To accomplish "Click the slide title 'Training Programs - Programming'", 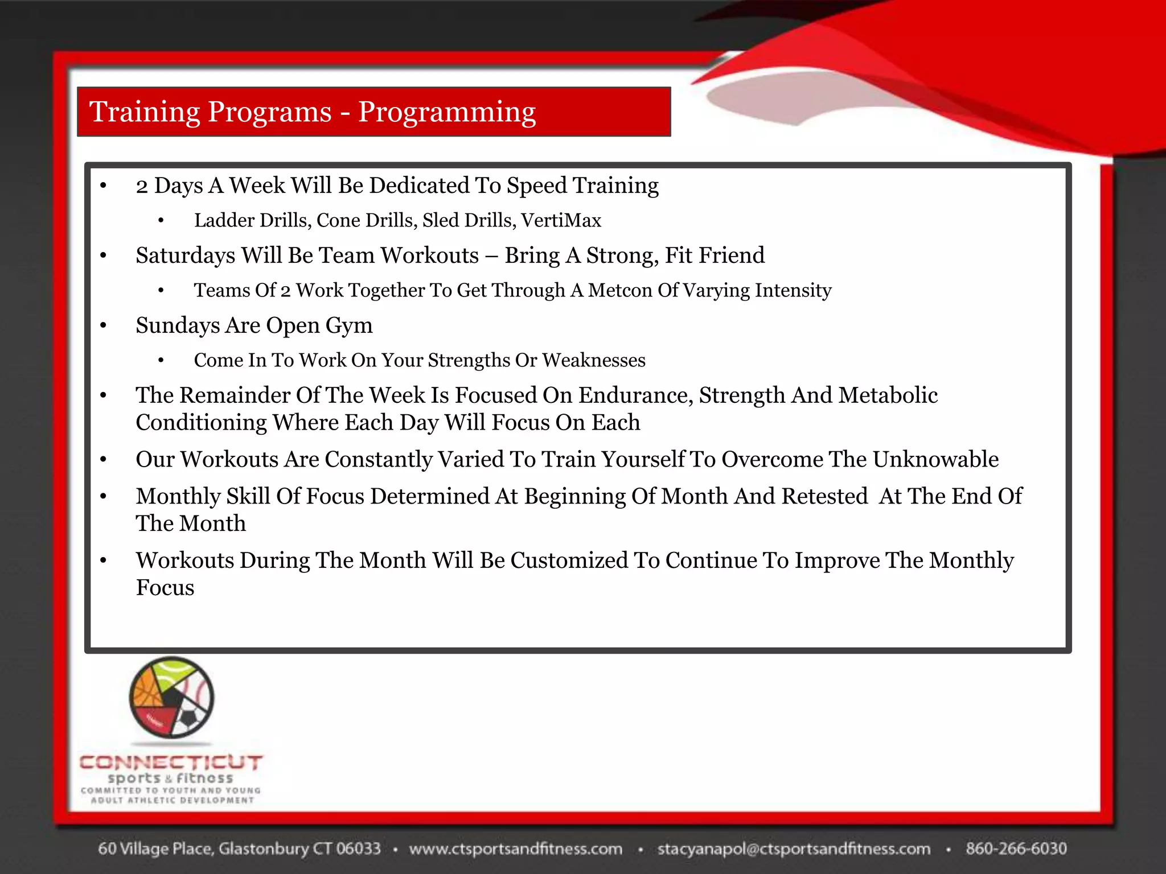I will [x=313, y=112].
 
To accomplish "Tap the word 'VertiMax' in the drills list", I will [x=561, y=220].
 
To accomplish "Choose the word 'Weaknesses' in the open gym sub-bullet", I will [x=593, y=360].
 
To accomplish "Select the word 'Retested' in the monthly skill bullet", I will [x=824, y=496].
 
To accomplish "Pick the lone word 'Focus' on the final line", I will [x=165, y=588].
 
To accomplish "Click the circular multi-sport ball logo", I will [x=171, y=697].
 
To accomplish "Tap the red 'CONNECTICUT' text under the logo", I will [x=171, y=762].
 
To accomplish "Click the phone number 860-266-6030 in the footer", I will [x=1016, y=848].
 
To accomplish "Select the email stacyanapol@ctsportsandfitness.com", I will [x=794, y=848].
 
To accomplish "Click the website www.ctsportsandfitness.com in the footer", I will [x=516, y=848].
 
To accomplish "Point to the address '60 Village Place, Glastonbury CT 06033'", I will [x=239, y=848].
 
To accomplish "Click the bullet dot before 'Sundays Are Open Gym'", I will [x=103, y=326].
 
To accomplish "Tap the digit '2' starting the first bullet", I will [x=142, y=187].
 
